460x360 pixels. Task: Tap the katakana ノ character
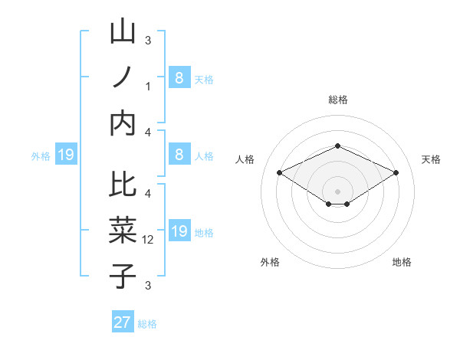123,78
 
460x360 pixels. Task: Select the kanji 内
123,122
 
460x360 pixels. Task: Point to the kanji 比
123,185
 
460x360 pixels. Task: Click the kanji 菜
123,230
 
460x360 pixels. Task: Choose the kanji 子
123,276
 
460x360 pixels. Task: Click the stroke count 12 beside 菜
149,240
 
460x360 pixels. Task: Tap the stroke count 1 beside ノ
148,87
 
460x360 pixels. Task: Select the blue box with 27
123,322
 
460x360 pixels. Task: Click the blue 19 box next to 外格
66,155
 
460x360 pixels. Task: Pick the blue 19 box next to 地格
179,231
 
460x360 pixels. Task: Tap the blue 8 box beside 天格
179,78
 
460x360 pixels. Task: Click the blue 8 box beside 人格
179,155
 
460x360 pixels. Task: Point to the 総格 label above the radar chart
337,100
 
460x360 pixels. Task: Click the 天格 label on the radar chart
431,159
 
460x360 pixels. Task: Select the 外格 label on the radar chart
270,262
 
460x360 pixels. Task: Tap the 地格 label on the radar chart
402,262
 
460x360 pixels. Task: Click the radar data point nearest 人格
280,173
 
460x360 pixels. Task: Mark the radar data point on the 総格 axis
337,146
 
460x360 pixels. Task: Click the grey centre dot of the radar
337,191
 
